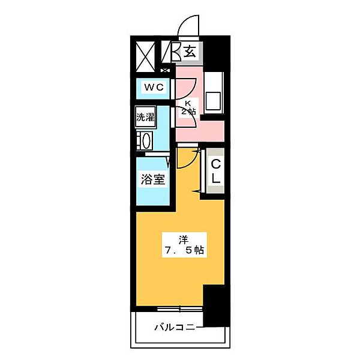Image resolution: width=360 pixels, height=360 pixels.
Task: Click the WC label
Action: [x=152, y=88]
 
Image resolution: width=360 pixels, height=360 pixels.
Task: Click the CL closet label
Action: [x=215, y=170]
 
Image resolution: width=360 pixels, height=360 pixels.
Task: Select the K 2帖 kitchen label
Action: [x=189, y=108]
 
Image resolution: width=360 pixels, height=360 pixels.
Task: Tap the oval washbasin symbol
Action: [x=145, y=142]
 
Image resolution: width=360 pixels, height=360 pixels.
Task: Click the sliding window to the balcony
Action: [x=180, y=310]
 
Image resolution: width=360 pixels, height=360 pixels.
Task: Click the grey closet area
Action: [x=215, y=172]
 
